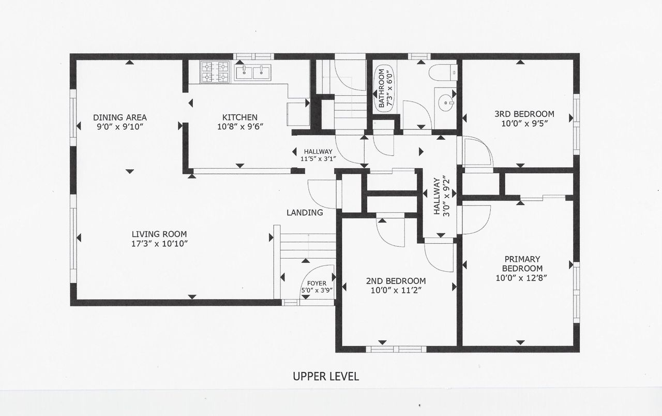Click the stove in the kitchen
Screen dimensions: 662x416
click(x=215, y=72)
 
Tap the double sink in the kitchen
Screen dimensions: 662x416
click(x=253, y=72)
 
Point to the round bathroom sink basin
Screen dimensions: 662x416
click(x=445, y=102)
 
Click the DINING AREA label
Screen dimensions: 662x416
click(x=120, y=117)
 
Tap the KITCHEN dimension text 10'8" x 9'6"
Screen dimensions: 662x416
click(x=240, y=127)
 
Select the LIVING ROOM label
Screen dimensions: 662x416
click(x=159, y=234)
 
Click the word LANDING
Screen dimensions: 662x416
click(x=305, y=213)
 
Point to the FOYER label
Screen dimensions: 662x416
click(x=317, y=283)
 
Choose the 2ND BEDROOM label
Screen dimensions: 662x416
click(x=396, y=281)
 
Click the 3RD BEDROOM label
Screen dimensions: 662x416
click(x=524, y=114)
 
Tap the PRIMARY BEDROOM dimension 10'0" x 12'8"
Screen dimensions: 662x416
click(x=522, y=278)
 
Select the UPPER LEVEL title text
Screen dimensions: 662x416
click(x=326, y=376)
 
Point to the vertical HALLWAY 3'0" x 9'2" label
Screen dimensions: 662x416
click(x=442, y=196)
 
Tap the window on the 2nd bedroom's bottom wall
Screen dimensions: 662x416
click(x=396, y=349)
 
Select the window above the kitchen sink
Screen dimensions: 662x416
click(x=253, y=56)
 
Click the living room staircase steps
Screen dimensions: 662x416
click(x=308, y=246)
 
